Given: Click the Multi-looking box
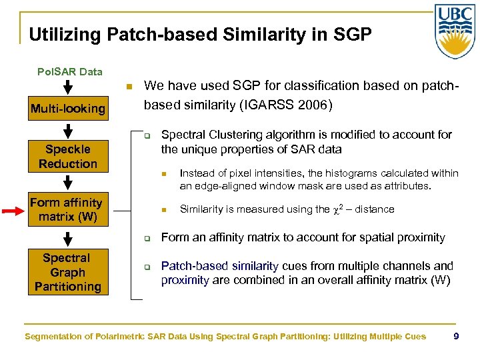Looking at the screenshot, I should (67, 108).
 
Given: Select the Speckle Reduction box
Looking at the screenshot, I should (67, 156).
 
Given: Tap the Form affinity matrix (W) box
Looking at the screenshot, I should (66, 209).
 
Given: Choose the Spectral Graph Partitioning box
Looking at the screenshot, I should (67, 272).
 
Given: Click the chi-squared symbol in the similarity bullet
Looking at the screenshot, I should (335, 209).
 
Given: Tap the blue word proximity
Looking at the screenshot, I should (185, 280).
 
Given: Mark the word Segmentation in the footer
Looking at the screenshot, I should (54, 337).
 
